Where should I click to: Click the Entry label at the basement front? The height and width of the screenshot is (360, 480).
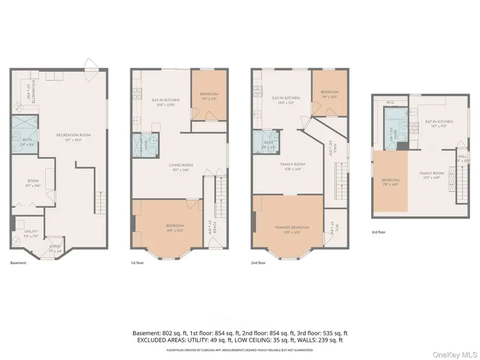tap(55, 249)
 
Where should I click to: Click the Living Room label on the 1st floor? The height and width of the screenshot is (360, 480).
tap(181, 167)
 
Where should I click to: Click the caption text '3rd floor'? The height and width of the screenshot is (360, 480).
tap(378, 233)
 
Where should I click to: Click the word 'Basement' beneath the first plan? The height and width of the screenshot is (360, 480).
tap(18, 263)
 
